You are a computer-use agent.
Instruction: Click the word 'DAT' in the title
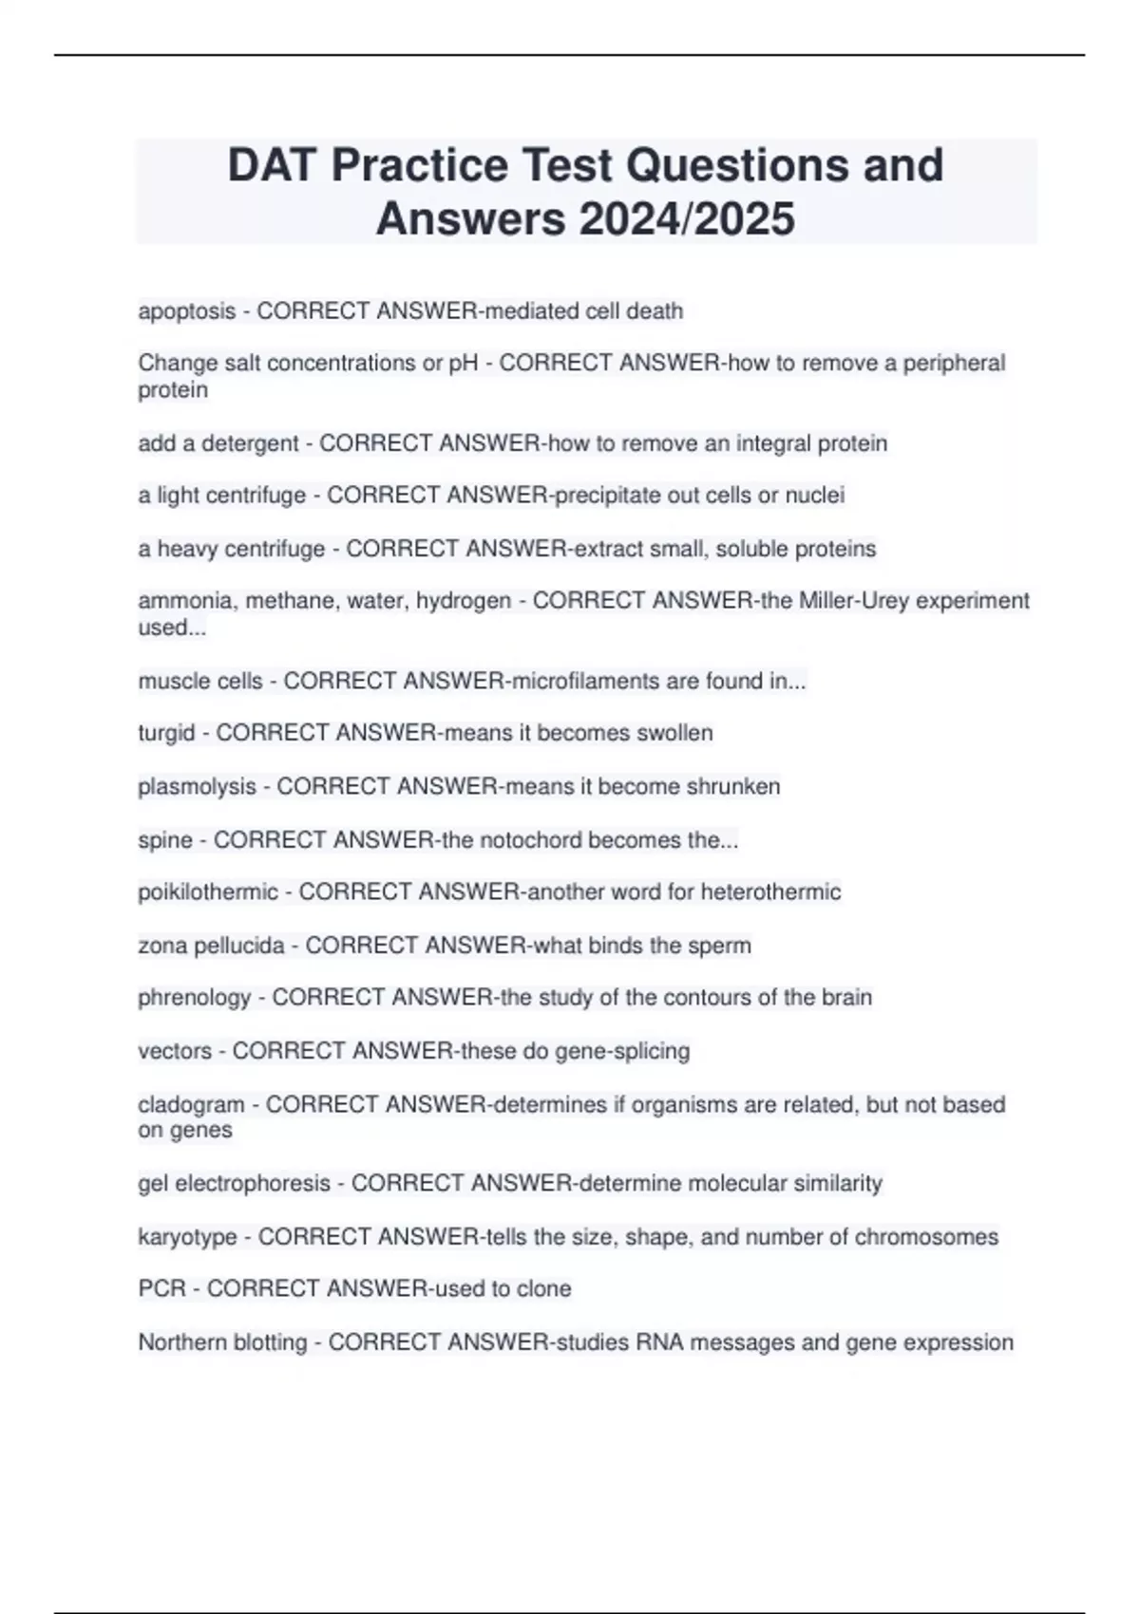272,165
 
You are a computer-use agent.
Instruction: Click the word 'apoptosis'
186,311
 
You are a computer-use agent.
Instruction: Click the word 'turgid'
166,733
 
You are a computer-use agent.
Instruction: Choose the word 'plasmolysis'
197,786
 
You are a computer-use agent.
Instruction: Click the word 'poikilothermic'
208,892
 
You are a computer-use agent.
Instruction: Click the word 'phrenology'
195,998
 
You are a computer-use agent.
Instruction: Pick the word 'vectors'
175,1051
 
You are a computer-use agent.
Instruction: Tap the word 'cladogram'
191,1104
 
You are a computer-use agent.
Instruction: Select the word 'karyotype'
187,1237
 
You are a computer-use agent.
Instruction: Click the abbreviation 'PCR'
162,1288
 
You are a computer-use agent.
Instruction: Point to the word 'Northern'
180,1342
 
